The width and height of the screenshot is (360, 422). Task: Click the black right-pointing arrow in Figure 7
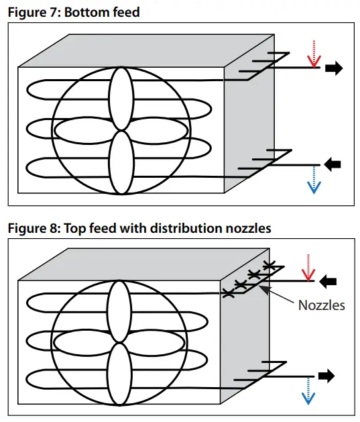(x=334, y=68)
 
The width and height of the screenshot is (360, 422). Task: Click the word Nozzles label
(x=322, y=305)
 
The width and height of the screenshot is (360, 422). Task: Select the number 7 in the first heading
(x=49, y=12)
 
